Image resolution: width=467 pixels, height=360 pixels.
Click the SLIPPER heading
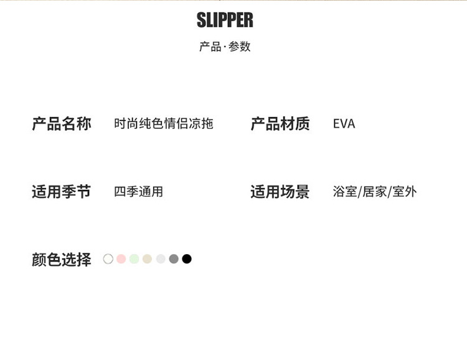[x=225, y=21]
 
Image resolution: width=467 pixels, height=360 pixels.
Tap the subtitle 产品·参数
[x=225, y=47]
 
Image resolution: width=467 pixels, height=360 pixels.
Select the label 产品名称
[x=62, y=124]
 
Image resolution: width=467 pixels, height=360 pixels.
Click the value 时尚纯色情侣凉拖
[x=163, y=124]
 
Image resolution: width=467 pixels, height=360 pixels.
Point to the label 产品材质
[x=280, y=124]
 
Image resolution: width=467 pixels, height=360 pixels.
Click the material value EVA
[x=344, y=124]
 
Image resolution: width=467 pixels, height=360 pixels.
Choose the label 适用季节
[x=62, y=192]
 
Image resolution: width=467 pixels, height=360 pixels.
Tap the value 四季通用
[x=138, y=192]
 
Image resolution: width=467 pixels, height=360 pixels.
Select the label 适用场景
[x=280, y=192]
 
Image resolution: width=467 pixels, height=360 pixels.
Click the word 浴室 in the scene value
[x=345, y=192]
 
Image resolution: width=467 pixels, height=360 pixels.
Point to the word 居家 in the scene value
[x=374, y=192]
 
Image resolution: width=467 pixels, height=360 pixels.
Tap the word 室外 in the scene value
[x=404, y=192]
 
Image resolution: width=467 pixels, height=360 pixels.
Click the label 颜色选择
[x=62, y=259]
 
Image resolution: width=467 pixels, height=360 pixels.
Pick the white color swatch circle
[x=108, y=259]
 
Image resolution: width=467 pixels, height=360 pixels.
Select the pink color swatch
[x=121, y=259]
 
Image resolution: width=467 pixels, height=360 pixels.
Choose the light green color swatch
[x=134, y=259]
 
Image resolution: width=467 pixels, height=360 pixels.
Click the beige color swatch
[x=147, y=259]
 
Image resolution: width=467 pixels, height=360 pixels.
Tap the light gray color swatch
[x=161, y=259]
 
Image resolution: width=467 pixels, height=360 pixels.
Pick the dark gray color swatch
[x=174, y=259]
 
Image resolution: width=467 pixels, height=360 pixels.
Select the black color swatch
[x=187, y=259]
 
